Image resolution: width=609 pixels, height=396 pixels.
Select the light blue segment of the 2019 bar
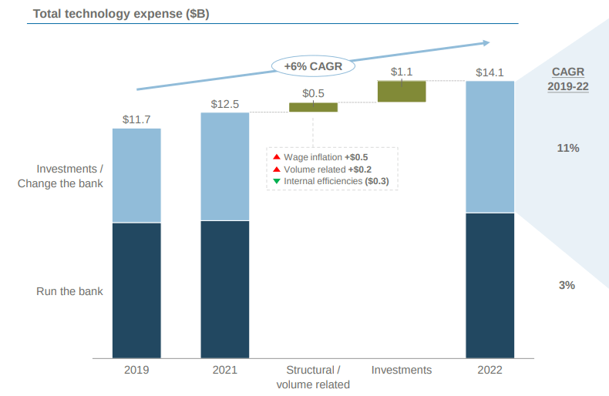[136, 175]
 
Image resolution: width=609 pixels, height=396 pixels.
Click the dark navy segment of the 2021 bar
[225, 289]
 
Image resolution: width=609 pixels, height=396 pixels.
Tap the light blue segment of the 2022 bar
[490, 146]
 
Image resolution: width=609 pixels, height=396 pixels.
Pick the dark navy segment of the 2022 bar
[490, 285]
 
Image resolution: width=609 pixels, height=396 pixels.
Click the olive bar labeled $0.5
[313, 107]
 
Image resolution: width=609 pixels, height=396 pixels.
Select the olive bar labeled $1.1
[402, 91]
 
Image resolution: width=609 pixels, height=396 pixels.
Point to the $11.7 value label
[136, 119]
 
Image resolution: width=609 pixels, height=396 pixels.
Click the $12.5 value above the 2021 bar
[225, 104]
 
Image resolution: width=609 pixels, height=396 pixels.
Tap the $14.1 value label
[490, 73]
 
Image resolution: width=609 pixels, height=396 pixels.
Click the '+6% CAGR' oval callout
[313, 66]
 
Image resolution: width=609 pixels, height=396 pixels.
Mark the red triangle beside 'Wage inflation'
[277, 157]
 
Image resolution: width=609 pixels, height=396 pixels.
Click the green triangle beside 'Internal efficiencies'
[277, 182]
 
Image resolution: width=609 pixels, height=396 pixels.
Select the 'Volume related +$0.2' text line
[328, 169]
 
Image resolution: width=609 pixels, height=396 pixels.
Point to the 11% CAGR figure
[567, 147]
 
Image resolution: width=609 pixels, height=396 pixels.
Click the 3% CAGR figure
[567, 285]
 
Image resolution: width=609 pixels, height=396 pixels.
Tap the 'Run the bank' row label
[69, 291]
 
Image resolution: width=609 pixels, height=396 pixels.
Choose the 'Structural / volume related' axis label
[313, 377]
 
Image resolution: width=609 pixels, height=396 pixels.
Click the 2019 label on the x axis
[136, 370]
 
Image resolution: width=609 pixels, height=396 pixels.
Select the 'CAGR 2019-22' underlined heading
[568, 79]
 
